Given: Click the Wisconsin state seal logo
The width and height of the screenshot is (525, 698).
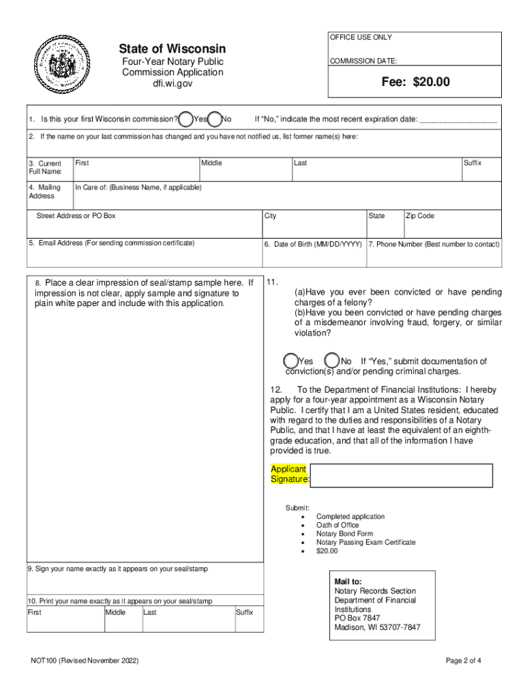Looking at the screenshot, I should click(62, 67).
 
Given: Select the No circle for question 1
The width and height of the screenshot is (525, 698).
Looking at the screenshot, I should click(215, 119).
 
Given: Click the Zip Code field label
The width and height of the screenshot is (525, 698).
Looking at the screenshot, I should click(420, 216).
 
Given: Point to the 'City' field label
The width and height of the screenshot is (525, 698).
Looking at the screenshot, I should click(271, 216).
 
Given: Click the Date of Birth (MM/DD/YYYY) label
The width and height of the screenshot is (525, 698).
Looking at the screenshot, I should click(313, 244).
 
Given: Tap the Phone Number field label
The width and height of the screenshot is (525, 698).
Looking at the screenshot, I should click(434, 244).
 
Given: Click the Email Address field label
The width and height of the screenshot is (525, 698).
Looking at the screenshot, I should click(111, 243).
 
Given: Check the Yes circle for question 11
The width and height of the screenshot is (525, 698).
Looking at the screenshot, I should click(290, 361).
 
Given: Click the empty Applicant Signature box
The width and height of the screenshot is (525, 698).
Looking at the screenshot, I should click(402, 476).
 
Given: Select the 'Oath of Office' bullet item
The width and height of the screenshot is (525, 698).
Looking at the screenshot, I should click(337, 526).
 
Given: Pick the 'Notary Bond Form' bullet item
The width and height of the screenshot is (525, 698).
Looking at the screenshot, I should click(344, 534).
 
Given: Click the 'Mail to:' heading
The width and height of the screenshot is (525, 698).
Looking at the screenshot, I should click(348, 582).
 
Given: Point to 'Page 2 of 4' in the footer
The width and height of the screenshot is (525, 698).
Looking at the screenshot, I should click(463, 661).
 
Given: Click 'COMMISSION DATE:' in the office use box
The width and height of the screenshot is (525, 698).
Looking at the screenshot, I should click(363, 61).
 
